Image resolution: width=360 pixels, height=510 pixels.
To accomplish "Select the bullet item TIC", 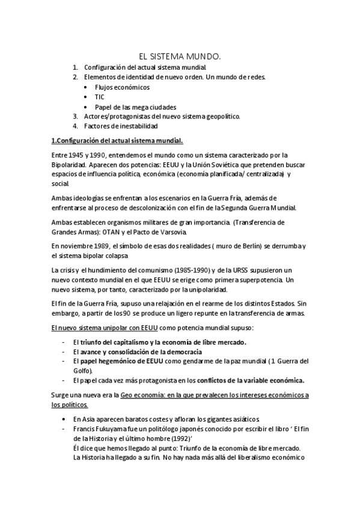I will click(99, 96).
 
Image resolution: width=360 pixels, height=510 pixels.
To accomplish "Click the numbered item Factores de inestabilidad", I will click(121, 126).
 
